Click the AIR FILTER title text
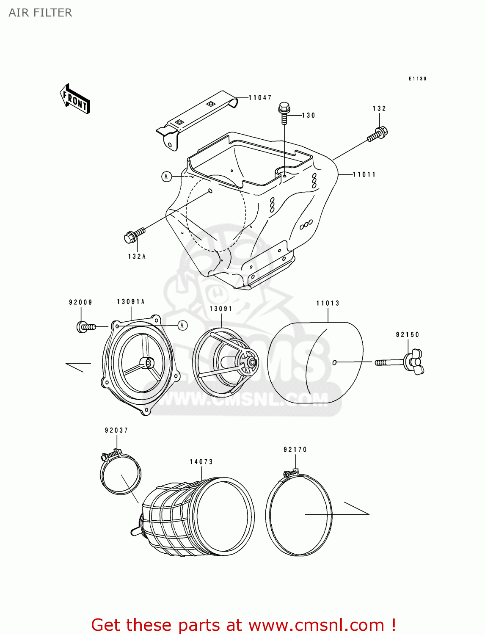tap(40, 13)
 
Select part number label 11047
tap(260, 98)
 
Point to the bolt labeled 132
tap(378, 134)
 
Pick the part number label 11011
tap(364, 174)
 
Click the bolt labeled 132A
tap(134, 235)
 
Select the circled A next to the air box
tap(167, 177)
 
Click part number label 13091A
tap(131, 302)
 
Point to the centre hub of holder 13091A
tap(148, 363)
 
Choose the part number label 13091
tap(221, 309)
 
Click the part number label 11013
tap(328, 303)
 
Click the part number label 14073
tap(201, 462)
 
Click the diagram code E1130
tap(417, 79)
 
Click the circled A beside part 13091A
tap(182, 325)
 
